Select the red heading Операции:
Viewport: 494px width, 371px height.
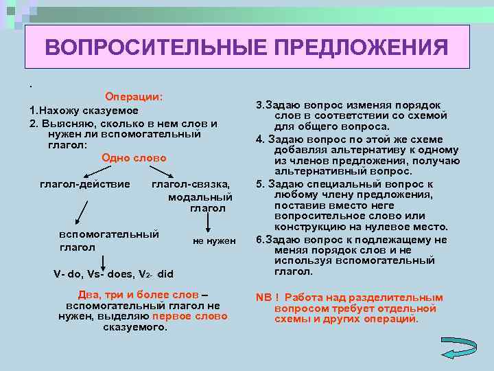(134, 97)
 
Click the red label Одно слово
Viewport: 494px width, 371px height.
(134, 158)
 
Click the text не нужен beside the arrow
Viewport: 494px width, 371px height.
(214, 240)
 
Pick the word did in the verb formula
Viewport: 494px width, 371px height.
(165, 274)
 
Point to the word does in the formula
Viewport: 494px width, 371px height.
(121, 274)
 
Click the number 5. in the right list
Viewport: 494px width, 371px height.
(260, 184)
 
